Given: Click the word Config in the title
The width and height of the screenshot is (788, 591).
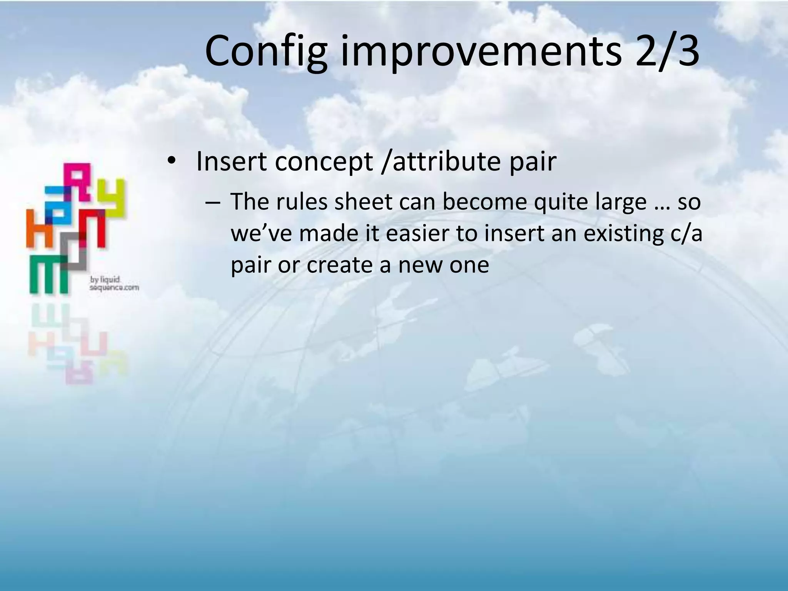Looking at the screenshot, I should point(266,51).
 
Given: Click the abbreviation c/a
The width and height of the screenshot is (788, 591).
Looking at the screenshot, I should point(683,234).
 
